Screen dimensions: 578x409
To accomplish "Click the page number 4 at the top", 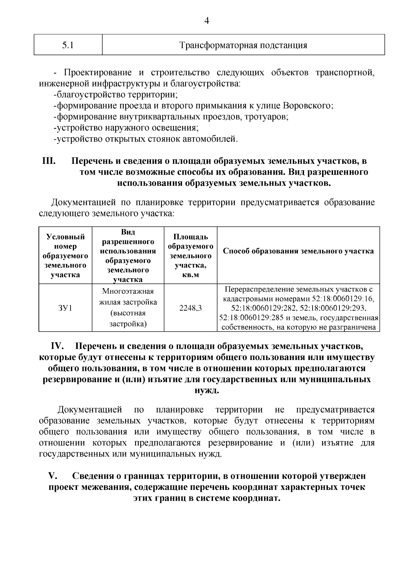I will tap(206, 21).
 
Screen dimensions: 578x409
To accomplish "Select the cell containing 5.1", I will tap(68, 45).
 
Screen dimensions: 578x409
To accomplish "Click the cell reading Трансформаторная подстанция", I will tap(243, 45).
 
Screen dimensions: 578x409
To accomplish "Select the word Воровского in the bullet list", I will tap(308, 106).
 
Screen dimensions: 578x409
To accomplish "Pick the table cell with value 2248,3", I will tap(190, 308).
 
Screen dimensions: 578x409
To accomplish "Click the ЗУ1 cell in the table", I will tap(65, 308).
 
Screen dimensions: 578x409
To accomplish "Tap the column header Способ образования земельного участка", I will tap(298, 251).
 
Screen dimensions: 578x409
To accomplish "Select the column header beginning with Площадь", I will tap(190, 255).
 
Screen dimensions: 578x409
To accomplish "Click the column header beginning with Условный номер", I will tap(65, 255).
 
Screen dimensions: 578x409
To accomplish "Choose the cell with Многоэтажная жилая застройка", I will tap(128, 308).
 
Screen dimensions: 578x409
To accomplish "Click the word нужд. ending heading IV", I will tap(207, 391).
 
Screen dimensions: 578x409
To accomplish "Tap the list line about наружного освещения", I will tap(126, 128).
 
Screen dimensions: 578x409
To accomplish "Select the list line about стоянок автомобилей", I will tap(146, 139).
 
